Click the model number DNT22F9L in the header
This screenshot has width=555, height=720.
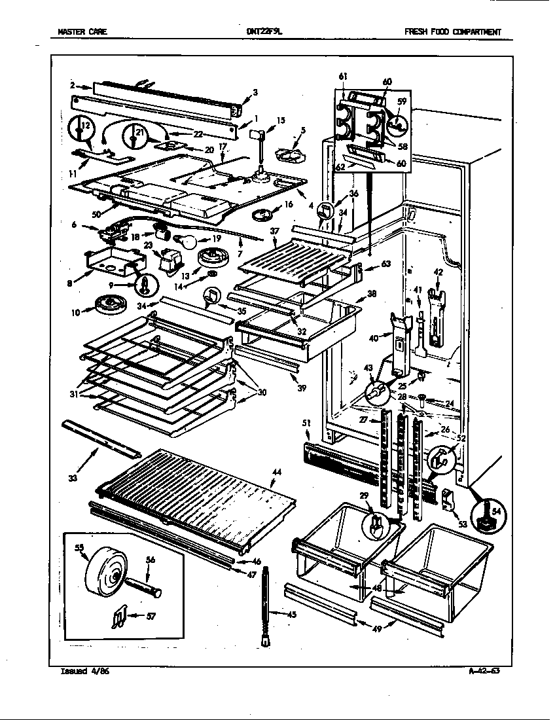[264, 31]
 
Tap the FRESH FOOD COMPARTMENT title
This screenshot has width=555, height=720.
[452, 31]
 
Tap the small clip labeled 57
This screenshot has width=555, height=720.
[115, 616]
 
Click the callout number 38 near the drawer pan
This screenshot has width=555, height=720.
[371, 294]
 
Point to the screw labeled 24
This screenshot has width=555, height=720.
[422, 398]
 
